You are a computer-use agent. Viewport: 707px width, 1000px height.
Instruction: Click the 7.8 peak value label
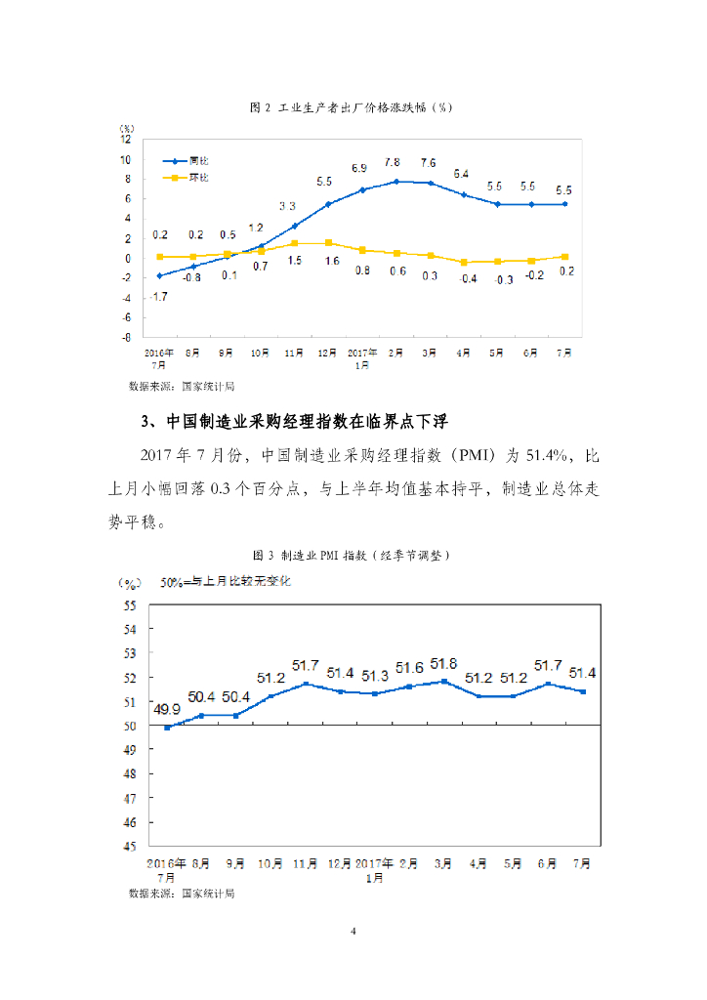(392, 162)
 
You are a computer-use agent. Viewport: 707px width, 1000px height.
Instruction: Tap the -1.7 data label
(158, 295)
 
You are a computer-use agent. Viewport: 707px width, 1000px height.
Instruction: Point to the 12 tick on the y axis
(125, 140)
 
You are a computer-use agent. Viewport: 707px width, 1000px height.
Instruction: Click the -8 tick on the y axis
(126, 337)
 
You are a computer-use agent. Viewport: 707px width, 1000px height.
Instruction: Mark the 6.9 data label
(359, 169)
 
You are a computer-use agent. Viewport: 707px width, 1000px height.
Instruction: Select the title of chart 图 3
(353, 555)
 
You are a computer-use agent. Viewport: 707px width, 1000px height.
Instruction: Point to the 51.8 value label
(443, 664)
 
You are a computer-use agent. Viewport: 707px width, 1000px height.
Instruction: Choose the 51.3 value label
(374, 676)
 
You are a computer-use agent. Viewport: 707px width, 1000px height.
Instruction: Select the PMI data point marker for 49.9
(167, 727)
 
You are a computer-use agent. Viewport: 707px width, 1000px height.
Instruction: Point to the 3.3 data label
(287, 206)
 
